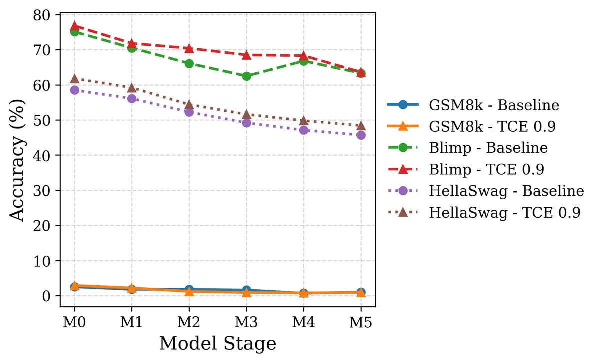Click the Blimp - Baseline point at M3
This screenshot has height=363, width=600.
point(246,76)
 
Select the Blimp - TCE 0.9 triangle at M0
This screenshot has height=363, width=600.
point(74,26)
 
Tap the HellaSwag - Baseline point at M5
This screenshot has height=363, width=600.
point(361,135)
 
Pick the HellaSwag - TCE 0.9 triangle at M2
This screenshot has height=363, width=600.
point(189,105)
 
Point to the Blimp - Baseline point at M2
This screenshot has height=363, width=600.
point(189,63)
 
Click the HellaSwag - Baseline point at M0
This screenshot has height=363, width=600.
point(74,90)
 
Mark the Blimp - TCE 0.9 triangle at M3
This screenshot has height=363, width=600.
point(246,55)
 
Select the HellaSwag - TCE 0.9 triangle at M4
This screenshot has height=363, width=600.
point(304,121)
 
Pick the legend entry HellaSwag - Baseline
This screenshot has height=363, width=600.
point(506,191)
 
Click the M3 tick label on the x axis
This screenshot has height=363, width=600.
point(246,323)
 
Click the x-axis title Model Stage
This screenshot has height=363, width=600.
point(217,344)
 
